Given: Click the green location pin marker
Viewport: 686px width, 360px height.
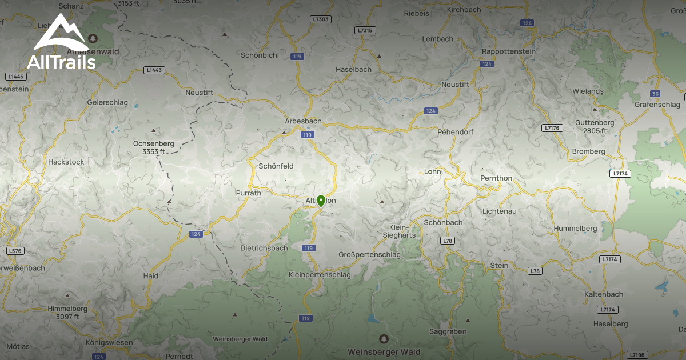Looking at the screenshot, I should [321, 201].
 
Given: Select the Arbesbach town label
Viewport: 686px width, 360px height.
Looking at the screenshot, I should [303, 121].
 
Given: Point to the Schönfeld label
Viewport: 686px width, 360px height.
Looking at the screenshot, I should [276, 166].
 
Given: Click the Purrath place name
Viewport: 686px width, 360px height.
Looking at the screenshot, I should [249, 193].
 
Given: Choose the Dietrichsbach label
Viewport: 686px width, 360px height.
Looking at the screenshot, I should [264, 248].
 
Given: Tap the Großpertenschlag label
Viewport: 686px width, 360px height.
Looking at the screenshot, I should [370, 254].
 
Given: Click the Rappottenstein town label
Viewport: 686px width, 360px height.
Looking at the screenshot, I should [509, 51].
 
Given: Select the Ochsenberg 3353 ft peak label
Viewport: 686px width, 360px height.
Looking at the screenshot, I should [153, 147].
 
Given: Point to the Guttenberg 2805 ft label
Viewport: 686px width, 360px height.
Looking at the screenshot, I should [595, 126].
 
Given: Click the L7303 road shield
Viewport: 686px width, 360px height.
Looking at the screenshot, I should [321, 19].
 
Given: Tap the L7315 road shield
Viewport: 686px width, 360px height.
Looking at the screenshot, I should [364, 30].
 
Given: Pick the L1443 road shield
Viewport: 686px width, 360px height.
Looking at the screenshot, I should [154, 70].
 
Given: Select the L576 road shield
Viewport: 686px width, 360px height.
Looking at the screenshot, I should [15, 251].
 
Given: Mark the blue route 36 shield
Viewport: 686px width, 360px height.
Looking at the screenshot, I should [655, 94].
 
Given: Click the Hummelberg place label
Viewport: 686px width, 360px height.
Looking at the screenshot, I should [575, 229].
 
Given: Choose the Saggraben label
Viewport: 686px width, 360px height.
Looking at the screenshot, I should [448, 331].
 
